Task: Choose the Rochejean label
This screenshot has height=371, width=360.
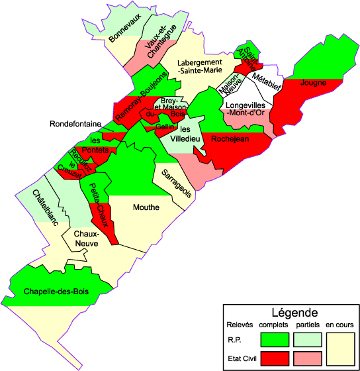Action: tap(230, 139)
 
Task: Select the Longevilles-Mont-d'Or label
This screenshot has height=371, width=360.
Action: tap(246, 109)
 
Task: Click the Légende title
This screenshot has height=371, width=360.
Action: tap(295, 311)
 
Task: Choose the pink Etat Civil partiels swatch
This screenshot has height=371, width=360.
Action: tap(308, 358)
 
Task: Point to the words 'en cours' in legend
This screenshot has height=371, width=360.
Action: tap(340, 325)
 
